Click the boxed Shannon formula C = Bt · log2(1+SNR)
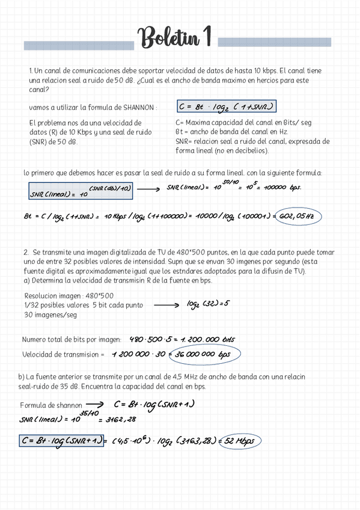pyautogui.click(x=226, y=107)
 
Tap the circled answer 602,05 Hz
pyautogui.click(x=297, y=217)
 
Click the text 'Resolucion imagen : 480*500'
pyautogui.click(x=68, y=296)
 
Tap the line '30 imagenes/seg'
pyautogui.click(x=50, y=315)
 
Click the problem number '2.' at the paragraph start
pyautogui.click(x=26, y=253)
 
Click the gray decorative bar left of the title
pyautogui.click(x=78, y=46)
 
